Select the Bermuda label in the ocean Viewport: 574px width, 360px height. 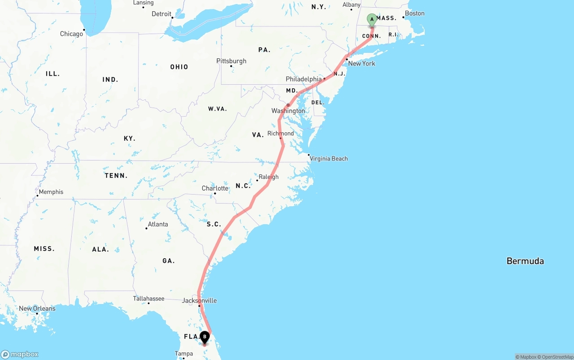click(x=525, y=261)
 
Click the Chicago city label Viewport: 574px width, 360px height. click(x=72, y=34)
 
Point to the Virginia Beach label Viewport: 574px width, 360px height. click(x=329, y=158)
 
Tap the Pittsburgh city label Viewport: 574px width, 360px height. click(x=231, y=61)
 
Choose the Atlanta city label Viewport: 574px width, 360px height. click(x=158, y=224)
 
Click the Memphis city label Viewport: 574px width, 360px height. click(x=51, y=192)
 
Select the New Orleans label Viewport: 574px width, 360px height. click(x=37, y=308)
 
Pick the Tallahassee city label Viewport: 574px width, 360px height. click(x=148, y=299)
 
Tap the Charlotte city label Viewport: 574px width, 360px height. click(x=215, y=188)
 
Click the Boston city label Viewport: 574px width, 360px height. click(x=414, y=13)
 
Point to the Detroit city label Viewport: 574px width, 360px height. click(x=161, y=14)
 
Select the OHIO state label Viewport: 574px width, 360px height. click(x=179, y=67)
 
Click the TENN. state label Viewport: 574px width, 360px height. click(x=116, y=176)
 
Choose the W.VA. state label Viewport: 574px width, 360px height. click(x=217, y=109)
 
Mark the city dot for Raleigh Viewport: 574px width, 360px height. click(x=257, y=181)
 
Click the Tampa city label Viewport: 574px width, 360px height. click(x=184, y=354)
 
